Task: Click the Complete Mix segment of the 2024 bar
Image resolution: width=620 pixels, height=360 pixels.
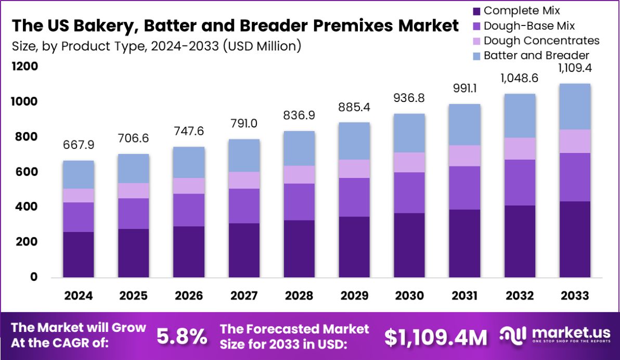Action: pos(79,254)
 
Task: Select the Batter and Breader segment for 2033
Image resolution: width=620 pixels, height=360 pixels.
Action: pos(575,107)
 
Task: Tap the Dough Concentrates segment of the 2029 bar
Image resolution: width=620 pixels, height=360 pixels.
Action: pos(354,169)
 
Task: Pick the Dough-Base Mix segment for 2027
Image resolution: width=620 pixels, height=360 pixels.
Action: pos(244,206)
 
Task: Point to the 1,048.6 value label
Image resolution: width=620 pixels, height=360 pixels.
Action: pos(520,79)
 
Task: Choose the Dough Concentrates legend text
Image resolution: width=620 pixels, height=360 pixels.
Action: pos(541,41)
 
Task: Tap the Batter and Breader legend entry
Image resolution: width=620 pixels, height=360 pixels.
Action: pos(536,55)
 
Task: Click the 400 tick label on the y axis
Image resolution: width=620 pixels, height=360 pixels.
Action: pos(27,207)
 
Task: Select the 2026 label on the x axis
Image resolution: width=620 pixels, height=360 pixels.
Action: pos(189,295)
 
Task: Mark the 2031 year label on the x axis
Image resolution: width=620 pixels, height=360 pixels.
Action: pos(464,295)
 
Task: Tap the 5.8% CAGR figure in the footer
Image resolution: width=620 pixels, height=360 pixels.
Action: pos(182,337)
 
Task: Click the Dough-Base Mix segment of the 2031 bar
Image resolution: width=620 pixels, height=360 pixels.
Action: pos(464,188)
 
